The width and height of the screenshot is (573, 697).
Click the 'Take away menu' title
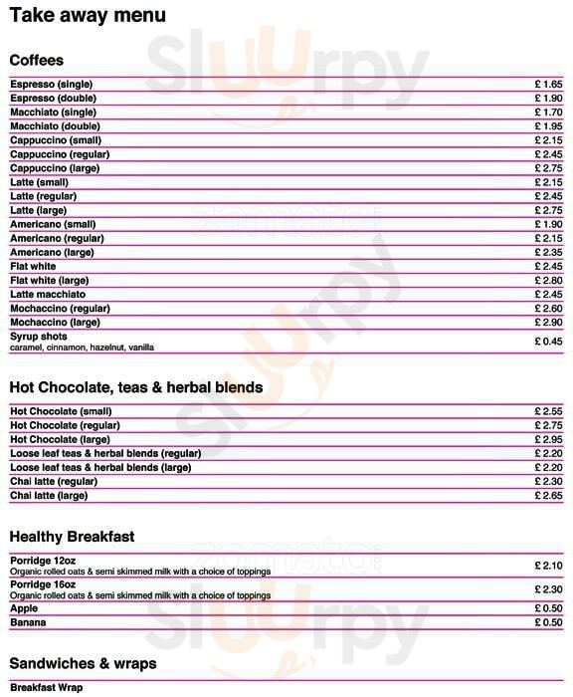[88, 17]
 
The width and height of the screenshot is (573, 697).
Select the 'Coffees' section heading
[37, 61]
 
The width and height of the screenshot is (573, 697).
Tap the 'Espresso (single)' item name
[51, 85]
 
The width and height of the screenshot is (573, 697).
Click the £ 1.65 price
[548, 85]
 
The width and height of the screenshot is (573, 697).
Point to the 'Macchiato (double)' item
[55, 126]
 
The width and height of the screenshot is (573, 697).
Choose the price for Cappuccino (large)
[548, 168]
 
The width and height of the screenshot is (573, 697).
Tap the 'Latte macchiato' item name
[48, 295]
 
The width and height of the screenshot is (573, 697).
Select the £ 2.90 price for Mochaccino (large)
[548, 323]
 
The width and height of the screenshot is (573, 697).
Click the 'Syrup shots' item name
[39, 337]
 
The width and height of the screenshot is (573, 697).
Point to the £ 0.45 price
[548, 342]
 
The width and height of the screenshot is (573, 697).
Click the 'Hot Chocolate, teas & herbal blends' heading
[136, 387]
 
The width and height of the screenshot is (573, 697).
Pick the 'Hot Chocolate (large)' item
[59, 439]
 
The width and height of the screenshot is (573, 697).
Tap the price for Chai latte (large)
[548, 495]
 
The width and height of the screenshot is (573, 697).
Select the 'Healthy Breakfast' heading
[72, 537]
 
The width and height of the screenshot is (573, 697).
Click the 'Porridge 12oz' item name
[43, 561]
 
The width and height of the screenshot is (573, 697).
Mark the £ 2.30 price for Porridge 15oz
[548, 589]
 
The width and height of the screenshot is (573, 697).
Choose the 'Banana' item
[28, 622]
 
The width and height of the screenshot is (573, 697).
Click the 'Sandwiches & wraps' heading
[83, 663]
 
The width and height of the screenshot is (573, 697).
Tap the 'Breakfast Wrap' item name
[47, 688]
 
